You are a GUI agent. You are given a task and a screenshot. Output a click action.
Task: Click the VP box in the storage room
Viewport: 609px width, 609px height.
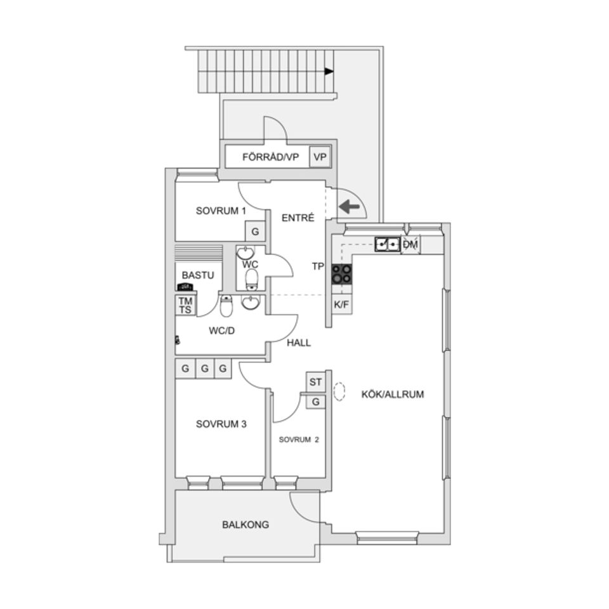tap(320, 157)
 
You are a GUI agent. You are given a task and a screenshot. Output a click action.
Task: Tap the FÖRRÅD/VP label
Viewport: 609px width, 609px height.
tap(270, 157)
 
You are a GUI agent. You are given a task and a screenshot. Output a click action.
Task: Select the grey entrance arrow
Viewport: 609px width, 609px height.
tap(348, 207)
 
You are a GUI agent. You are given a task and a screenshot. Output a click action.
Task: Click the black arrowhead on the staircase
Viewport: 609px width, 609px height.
tap(329, 72)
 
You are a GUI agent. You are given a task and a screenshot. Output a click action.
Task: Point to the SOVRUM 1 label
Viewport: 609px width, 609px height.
tap(220, 211)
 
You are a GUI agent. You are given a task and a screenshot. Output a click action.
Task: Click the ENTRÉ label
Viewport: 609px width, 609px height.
tap(298, 218)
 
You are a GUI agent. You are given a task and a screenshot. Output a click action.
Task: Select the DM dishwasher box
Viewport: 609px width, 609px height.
tap(410, 244)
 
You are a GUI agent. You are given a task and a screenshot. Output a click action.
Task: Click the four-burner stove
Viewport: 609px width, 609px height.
tap(341, 274)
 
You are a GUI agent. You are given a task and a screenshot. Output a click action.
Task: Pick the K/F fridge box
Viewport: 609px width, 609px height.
tap(341, 305)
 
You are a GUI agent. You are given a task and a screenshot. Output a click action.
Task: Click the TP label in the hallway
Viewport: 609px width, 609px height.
tap(318, 267)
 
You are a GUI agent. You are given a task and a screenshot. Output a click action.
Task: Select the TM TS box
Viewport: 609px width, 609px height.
tap(185, 305)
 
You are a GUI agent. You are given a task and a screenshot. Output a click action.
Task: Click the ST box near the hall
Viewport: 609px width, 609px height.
tap(315, 382)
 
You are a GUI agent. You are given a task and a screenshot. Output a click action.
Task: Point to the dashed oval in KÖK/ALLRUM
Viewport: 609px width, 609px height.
tap(339, 392)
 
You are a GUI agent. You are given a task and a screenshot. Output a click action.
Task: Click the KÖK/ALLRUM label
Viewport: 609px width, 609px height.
tap(392, 394)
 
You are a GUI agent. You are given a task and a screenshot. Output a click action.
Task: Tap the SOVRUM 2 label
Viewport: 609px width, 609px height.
tap(298, 439)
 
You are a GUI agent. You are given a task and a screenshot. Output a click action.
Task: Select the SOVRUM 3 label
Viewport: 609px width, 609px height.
tap(220, 424)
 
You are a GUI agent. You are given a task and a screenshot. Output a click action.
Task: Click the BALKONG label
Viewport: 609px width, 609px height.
tap(245, 525)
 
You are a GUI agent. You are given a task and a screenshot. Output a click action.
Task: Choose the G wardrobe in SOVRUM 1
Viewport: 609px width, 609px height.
tap(254, 231)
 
